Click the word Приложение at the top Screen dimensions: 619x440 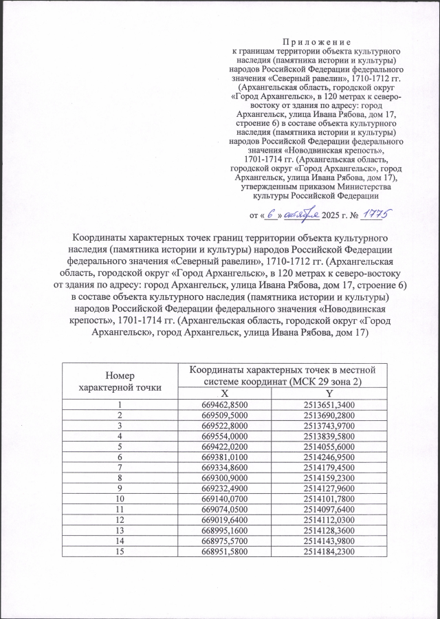pyautogui.click(x=316, y=42)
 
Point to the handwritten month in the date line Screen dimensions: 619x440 pyautogui.click(x=300, y=215)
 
